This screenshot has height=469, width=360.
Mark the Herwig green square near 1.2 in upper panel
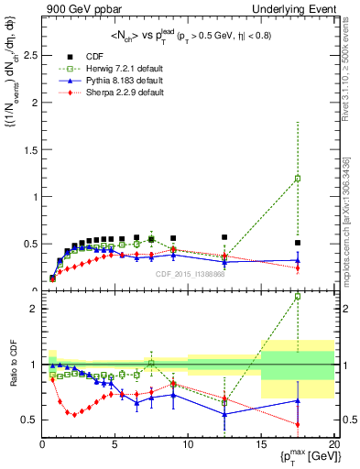298,179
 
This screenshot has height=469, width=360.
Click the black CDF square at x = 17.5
298,243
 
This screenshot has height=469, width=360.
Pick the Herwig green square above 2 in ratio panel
298,297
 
